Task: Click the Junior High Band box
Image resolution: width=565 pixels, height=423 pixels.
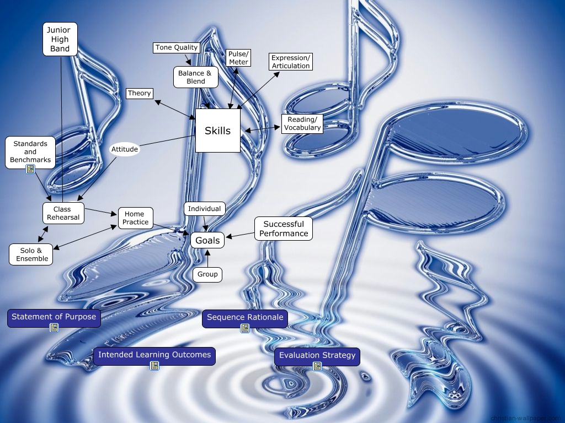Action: [60, 39]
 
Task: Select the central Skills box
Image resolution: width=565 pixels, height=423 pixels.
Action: [218, 131]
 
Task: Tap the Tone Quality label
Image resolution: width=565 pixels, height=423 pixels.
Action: [176, 48]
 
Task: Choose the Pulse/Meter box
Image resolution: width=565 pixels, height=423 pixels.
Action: [238, 58]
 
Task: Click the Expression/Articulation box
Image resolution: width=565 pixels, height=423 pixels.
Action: [291, 62]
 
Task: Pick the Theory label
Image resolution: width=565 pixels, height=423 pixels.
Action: [139, 94]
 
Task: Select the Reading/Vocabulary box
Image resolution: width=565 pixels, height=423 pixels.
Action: [302, 123]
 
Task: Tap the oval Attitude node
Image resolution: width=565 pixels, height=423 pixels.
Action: [125, 149]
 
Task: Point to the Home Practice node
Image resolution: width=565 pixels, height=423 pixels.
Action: [135, 218]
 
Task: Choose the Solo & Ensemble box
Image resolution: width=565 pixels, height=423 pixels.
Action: [32, 254]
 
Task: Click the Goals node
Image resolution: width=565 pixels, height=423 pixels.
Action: [207, 240]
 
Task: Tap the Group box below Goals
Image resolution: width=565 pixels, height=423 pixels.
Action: [207, 274]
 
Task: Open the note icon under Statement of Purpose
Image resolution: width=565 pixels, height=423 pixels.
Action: [54, 328]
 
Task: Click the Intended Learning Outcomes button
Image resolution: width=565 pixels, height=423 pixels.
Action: [154, 355]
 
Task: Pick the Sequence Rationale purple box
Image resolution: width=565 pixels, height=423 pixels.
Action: [245, 317]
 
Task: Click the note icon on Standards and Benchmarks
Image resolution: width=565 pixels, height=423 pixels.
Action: [30, 169]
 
